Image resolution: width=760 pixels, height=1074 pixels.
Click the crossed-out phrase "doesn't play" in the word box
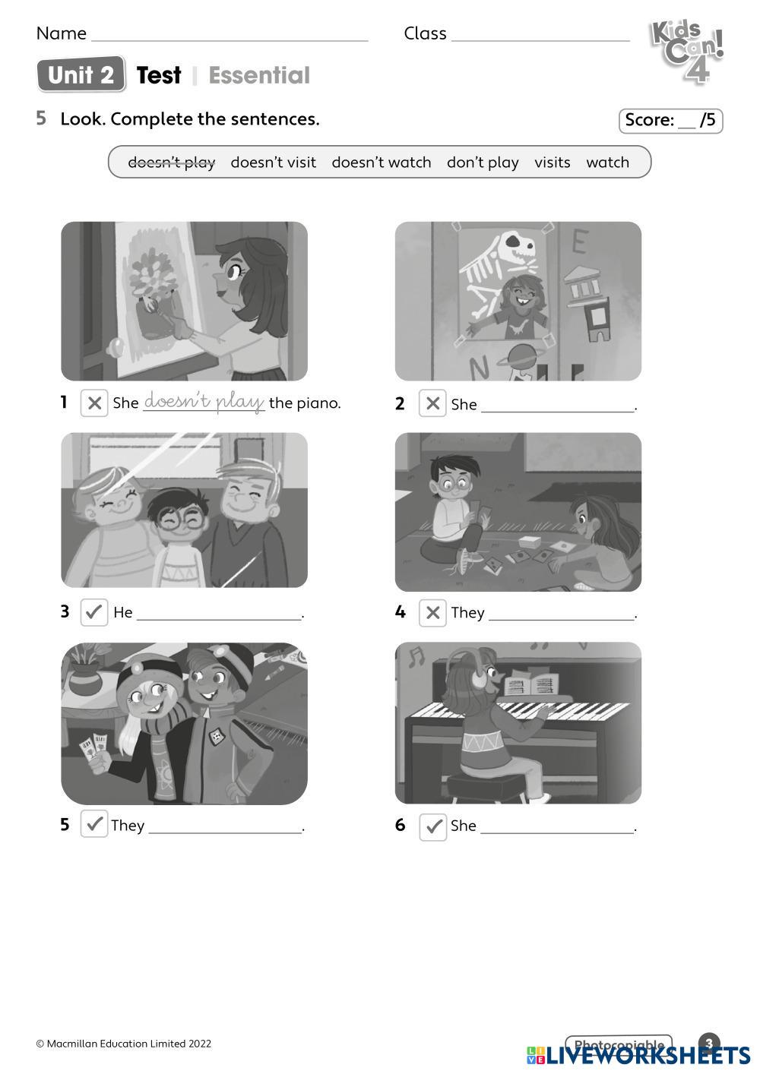[x=171, y=163]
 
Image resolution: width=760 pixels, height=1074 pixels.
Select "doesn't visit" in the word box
[x=273, y=162]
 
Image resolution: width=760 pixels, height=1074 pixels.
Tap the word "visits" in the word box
[x=553, y=162]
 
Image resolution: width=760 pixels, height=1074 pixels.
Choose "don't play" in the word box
[x=483, y=163]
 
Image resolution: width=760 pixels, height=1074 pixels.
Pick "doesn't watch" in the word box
[x=382, y=162]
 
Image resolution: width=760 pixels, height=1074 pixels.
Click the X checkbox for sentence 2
[x=432, y=403]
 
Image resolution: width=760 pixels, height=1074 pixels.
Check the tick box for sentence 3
[x=94, y=611]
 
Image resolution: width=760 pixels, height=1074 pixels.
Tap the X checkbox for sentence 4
[x=432, y=612]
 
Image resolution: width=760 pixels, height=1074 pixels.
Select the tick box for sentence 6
[x=432, y=826]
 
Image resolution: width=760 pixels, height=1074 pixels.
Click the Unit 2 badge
[x=81, y=74]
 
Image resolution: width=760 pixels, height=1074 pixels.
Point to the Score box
[x=670, y=120]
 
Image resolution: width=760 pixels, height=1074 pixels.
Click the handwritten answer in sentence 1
[x=204, y=401]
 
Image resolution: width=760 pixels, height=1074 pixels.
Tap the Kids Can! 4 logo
[x=687, y=52]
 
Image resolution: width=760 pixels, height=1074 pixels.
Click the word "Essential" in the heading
[x=259, y=75]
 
